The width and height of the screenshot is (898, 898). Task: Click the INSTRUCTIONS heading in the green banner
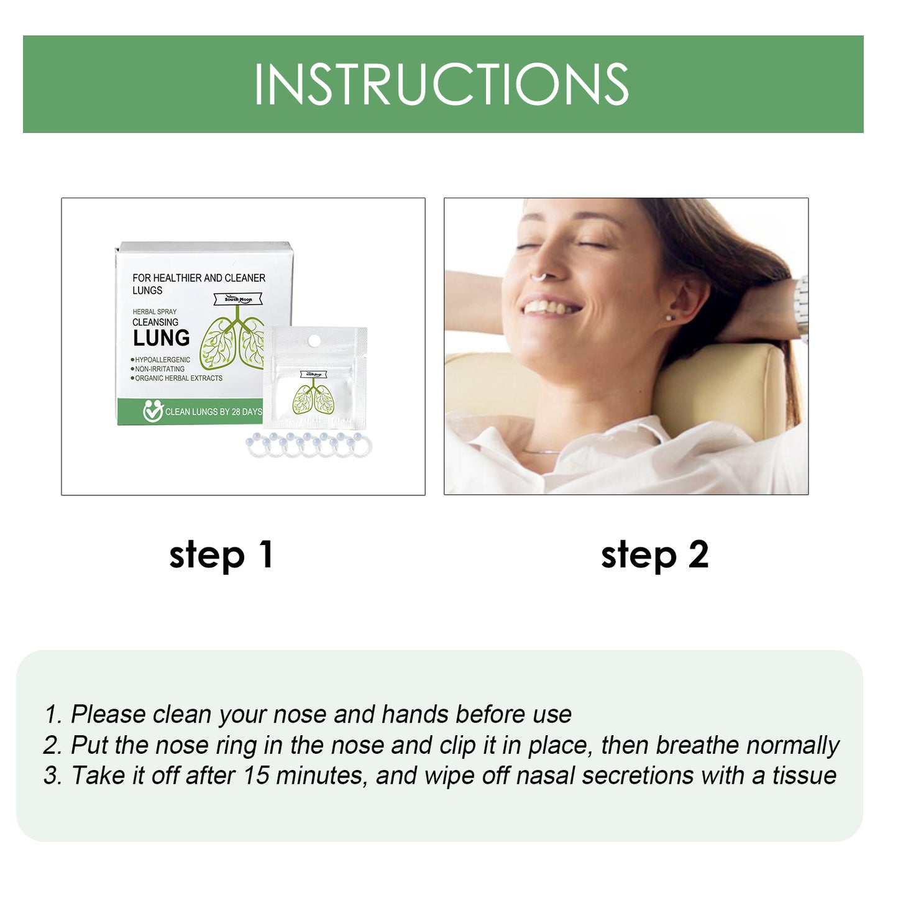441,84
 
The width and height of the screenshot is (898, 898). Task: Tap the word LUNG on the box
161,338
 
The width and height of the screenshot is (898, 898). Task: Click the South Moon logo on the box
238,299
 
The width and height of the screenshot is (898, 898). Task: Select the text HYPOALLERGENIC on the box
162,360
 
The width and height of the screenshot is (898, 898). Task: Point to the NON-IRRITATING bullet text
160,369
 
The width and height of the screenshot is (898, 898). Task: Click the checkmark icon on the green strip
152,411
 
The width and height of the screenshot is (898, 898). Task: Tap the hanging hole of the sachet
314,340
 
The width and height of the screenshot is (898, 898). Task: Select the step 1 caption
221,554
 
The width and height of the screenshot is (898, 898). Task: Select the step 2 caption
654,554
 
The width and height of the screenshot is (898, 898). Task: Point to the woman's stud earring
669,318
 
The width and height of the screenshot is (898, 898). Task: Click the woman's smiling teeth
549,307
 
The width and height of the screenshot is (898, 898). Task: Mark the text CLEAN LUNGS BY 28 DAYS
213,411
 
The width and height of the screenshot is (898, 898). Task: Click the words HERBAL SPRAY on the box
154,311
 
